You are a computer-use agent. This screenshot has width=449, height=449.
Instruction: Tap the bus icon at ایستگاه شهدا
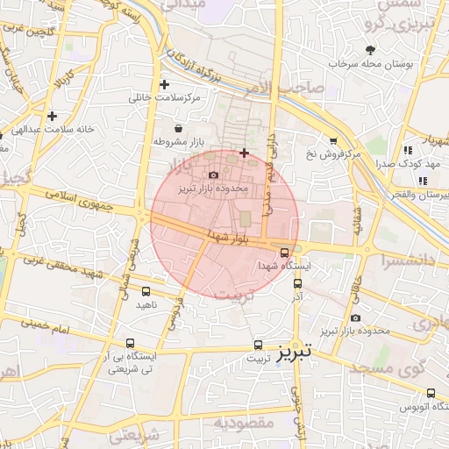point(283,253)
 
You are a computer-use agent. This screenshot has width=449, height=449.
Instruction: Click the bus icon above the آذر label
point(296,284)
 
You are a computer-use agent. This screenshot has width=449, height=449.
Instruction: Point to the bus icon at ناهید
point(146,291)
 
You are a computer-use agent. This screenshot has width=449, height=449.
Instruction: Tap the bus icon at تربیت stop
point(258,345)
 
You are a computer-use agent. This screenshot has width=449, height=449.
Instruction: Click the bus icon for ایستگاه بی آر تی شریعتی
point(131,344)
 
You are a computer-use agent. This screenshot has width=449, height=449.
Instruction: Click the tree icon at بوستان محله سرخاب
point(371,50)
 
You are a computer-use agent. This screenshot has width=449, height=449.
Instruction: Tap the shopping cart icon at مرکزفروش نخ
point(332,140)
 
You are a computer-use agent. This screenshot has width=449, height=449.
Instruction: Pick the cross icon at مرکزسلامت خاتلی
point(164,84)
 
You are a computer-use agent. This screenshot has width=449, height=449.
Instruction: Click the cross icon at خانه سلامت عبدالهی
point(53,116)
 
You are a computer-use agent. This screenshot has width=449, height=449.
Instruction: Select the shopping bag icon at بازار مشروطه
point(180,128)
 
